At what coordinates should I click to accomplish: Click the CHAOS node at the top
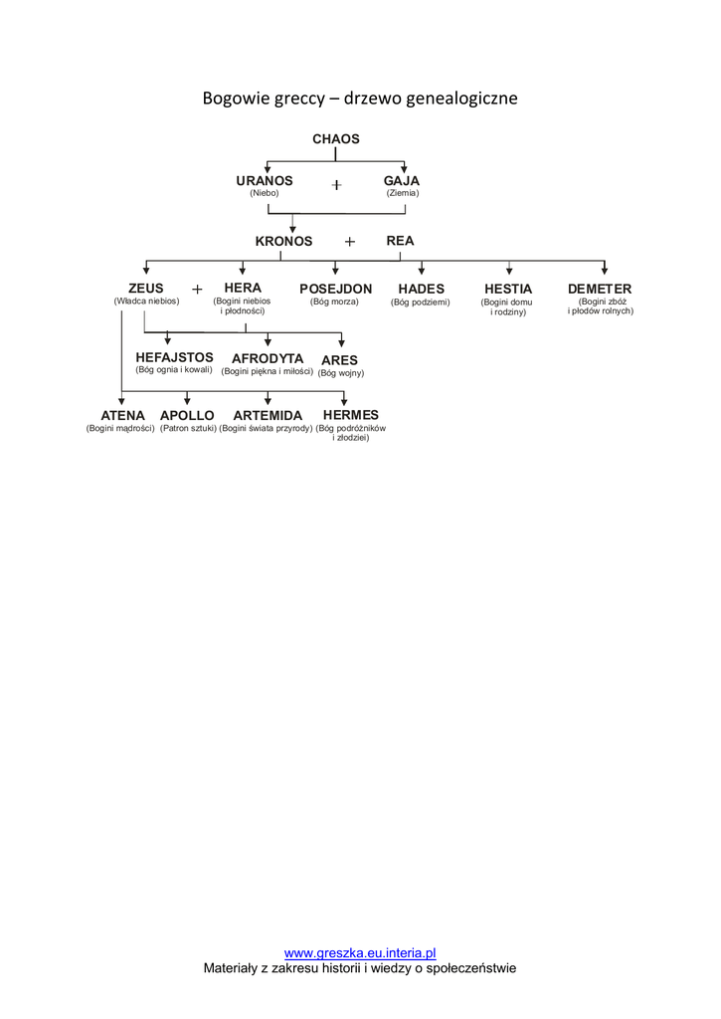[x=336, y=139]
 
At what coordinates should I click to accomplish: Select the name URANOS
[x=265, y=180]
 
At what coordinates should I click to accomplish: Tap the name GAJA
[x=402, y=180]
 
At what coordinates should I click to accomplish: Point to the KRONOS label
[x=283, y=241]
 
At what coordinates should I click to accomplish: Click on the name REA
[x=400, y=241]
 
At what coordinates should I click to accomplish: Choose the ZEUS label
[x=146, y=289]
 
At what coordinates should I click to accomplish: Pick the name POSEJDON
[x=335, y=289]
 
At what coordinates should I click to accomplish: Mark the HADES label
[x=421, y=289]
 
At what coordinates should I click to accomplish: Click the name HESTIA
[x=508, y=289]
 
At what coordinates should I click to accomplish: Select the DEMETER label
[x=600, y=289]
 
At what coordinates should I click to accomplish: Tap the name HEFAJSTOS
[x=174, y=357]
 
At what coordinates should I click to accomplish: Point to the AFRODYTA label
[x=268, y=358]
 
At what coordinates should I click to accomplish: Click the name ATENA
[x=122, y=415]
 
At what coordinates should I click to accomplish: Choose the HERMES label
[x=351, y=415]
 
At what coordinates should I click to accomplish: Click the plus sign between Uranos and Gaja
[x=336, y=184]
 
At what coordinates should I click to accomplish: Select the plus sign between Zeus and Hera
[x=197, y=289]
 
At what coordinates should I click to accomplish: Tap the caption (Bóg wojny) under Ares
[x=341, y=373]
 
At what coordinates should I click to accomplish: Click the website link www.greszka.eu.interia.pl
[x=360, y=953]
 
